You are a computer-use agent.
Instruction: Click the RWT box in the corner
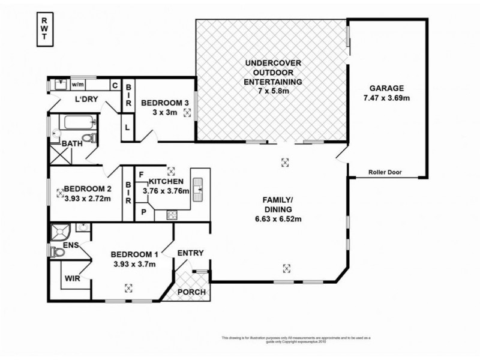coord(45,28)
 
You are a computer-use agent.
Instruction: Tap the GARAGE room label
coord(386,87)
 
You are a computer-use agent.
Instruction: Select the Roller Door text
coord(386,172)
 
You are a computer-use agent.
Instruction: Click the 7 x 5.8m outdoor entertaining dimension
coord(273,91)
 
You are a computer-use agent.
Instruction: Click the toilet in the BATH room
coord(89,139)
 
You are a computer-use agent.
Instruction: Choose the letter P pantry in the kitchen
coord(144,212)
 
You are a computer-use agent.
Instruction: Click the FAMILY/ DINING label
coord(277,205)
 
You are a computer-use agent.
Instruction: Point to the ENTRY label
coord(191,253)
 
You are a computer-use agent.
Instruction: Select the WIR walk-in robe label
coord(73,279)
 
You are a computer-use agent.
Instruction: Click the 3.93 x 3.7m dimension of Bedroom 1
coord(134,264)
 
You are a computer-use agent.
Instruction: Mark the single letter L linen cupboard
coord(128,127)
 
